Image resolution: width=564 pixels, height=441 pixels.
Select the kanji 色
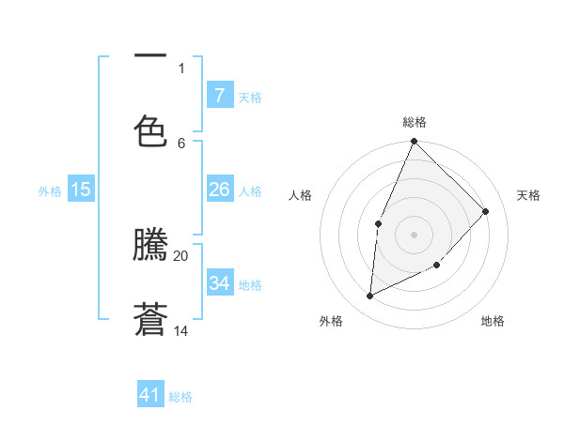(150, 131)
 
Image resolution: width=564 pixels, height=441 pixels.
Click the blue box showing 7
(219, 95)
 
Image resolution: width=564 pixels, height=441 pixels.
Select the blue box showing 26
(219, 190)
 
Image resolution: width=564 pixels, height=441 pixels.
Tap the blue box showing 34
(219, 283)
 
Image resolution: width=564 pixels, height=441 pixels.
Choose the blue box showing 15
(81, 190)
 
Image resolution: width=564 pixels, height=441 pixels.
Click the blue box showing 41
(150, 395)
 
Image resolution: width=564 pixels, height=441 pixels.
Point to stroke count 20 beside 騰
(180, 255)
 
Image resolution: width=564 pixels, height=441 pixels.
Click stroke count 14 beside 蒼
(180, 331)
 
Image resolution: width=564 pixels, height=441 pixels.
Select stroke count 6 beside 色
(181, 143)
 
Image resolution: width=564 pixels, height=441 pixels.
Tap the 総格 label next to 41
(180, 397)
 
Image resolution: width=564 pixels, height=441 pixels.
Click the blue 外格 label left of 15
(50, 190)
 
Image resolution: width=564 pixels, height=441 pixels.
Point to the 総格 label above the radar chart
(415, 122)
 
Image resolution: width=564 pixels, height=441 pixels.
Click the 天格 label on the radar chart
(528, 195)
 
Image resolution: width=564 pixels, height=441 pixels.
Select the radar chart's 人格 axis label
(300, 195)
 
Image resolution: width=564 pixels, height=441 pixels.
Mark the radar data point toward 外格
(370, 297)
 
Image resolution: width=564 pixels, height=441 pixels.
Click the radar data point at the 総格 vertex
(414, 142)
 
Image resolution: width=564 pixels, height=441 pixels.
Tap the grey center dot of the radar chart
(414, 234)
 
